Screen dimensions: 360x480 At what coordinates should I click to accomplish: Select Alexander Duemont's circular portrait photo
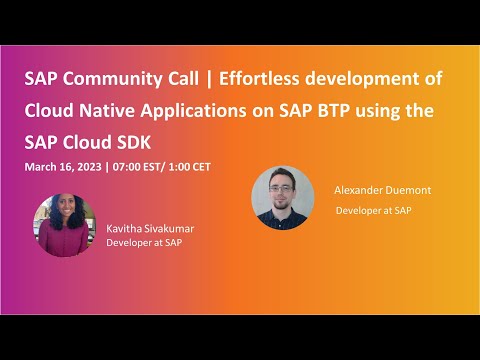pos(283,196)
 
